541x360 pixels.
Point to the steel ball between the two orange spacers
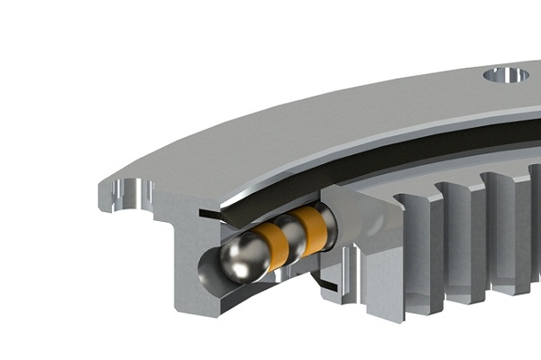pos(290,234)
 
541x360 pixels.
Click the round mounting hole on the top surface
pos(506,75)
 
